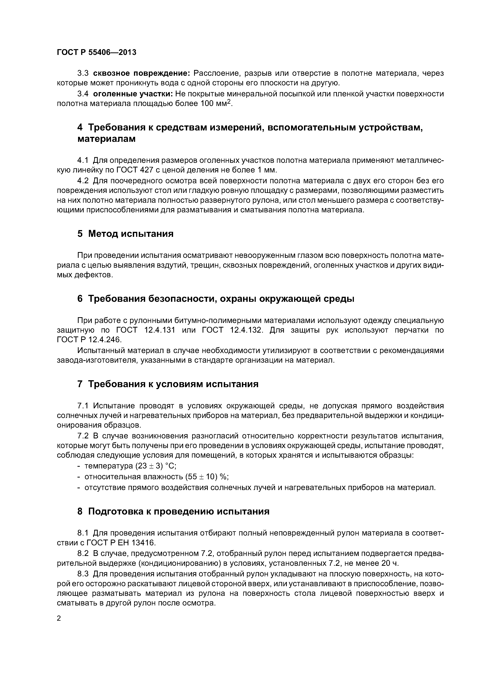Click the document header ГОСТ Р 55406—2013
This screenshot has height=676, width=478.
97,52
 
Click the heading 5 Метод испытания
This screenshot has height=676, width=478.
125,234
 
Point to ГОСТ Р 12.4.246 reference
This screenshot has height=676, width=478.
89,340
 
